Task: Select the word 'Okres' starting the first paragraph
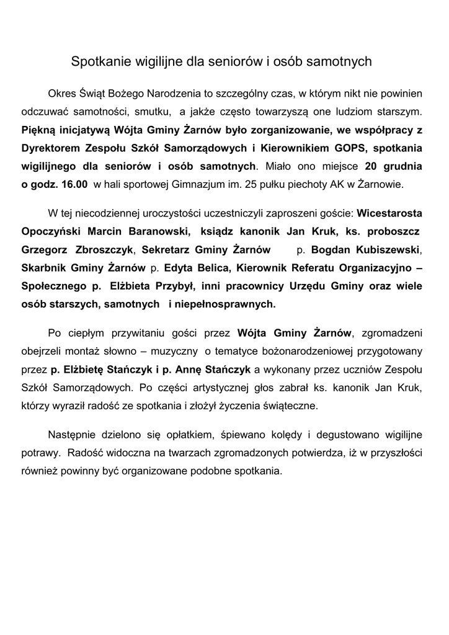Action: click(x=62, y=94)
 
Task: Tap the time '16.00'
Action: click(x=75, y=184)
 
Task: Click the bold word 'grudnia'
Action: click(x=402, y=166)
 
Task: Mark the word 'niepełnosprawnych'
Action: click(x=227, y=304)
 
